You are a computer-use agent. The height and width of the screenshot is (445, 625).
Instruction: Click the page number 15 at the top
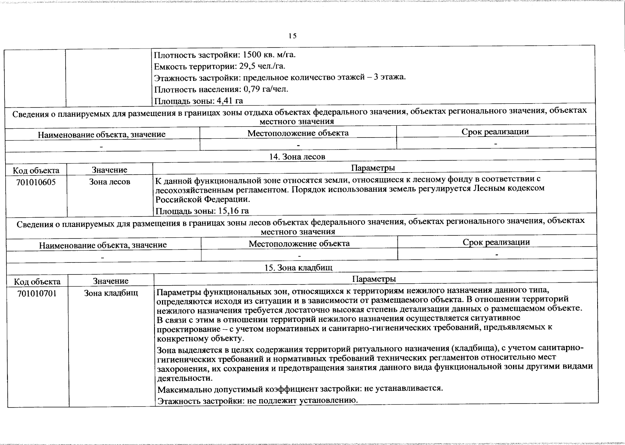tap(292, 36)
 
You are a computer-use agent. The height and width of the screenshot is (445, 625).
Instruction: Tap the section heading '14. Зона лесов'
tap(297, 157)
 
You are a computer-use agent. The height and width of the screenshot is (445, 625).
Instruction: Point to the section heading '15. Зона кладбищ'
tap(298, 268)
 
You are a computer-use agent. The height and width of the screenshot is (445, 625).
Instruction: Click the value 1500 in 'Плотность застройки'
tap(252, 55)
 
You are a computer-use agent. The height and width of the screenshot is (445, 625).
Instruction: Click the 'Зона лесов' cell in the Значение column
tap(110, 182)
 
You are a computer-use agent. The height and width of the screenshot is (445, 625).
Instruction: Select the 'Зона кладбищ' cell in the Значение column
tap(111, 293)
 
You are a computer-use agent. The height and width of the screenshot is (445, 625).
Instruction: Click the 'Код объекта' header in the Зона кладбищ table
tap(37, 281)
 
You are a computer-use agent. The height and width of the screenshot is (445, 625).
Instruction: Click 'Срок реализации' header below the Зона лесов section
tap(496, 243)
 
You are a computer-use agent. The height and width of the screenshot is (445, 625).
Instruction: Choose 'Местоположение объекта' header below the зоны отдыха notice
tap(298, 133)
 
